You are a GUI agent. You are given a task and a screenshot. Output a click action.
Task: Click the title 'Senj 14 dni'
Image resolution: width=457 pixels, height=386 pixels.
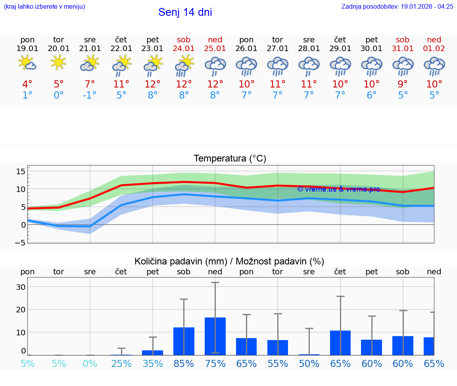185,12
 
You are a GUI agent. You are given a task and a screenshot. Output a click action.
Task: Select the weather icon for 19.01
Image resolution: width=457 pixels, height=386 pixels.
27,63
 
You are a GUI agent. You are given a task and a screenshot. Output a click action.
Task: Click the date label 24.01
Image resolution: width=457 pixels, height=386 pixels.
184,49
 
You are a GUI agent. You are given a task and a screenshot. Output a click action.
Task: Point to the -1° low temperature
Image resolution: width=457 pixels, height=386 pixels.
90,95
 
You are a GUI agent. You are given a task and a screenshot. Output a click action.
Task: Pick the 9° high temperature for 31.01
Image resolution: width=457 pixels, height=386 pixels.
403,84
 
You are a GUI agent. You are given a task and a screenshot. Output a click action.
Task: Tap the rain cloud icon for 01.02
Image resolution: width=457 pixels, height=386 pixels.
434,66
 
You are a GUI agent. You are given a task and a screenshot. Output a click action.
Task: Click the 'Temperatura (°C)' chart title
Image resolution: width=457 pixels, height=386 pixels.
230,159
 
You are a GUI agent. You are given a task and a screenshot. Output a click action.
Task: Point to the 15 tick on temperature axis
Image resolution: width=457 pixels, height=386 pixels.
21,171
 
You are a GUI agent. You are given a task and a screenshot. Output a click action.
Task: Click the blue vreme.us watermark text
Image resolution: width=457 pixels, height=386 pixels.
338,189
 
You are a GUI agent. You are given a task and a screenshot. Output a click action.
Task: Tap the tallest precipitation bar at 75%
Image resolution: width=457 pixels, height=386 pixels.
215,336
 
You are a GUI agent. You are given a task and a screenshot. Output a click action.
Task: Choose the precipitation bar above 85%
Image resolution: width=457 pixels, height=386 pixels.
184,341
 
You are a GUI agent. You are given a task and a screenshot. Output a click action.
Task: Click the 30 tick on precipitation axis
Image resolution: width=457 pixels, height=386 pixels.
21,287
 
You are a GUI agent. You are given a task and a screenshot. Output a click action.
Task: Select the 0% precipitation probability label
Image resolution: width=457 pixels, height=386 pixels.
90,363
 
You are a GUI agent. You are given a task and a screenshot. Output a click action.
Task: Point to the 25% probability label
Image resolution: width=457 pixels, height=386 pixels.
121,363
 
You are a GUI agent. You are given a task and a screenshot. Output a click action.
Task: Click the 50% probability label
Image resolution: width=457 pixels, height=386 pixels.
309,363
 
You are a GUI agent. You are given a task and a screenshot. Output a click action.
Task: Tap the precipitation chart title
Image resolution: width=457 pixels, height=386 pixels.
229,261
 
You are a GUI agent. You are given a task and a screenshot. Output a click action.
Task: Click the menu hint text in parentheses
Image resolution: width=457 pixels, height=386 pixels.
44,6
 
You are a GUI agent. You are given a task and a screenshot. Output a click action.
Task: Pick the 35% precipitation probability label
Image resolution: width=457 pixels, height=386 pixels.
153,363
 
